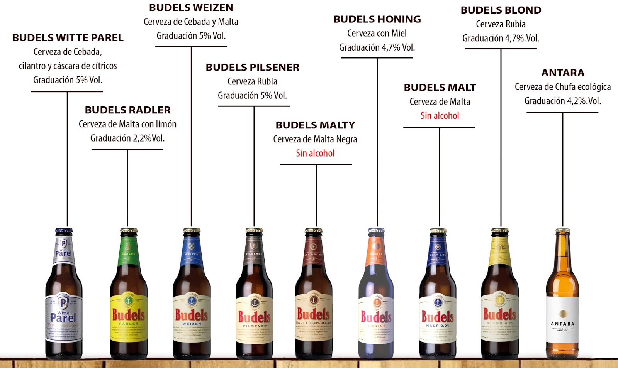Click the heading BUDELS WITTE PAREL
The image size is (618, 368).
(68, 38)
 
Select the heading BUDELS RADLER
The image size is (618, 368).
(127, 110)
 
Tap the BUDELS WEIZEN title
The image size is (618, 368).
(191, 8)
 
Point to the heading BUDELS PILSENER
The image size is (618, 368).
(252, 68)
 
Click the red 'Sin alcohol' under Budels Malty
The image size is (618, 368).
(315, 153)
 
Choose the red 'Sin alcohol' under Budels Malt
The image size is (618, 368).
(440, 116)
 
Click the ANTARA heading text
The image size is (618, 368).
(563, 73)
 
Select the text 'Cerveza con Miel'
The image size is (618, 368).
(377, 34)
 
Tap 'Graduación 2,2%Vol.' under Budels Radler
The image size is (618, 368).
(127, 138)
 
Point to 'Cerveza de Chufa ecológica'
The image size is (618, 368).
(563, 87)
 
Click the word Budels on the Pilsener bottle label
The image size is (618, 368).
(254, 317)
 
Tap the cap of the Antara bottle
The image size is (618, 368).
(562, 231)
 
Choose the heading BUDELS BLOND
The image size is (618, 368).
(501, 10)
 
